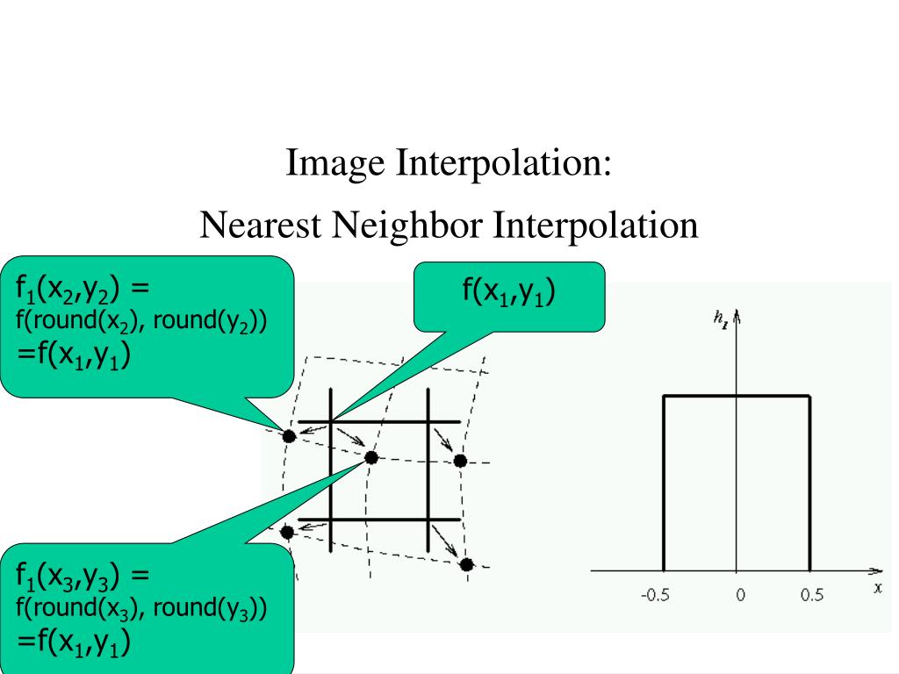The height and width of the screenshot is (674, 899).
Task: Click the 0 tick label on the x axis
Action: coord(740,595)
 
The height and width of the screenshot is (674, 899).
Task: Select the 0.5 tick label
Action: coord(812,595)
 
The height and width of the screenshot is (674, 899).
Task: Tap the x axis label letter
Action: coord(877,588)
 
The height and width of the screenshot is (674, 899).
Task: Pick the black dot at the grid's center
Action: coord(371,457)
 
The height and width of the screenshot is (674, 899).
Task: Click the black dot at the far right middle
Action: coord(460,461)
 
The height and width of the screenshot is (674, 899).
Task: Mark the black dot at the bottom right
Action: coord(466,564)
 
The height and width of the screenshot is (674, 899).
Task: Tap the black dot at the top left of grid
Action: coord(289,435)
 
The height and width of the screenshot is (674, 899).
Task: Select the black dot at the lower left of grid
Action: coord(286,531)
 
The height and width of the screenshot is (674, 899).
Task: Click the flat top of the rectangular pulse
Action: coord(737,397)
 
